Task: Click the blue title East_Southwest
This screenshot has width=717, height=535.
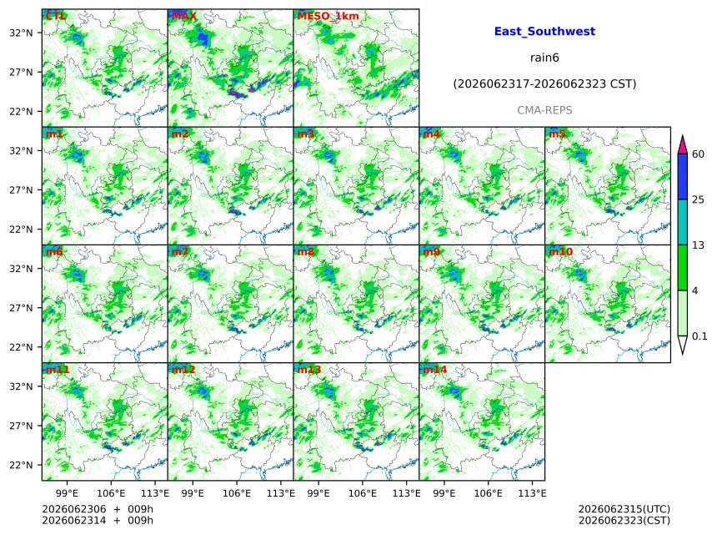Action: click(x=544, y=32)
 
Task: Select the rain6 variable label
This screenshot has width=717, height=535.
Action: click(x=544, y=58)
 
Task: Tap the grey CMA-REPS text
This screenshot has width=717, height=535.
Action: click(x=544, y=110)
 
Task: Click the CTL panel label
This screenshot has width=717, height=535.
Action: click(x=55, y=16)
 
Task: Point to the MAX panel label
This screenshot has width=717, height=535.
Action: click(x=183, y=16)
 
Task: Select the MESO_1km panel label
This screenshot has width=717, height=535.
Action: click(x=328, y=16)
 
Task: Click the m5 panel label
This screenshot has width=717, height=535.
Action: click(x=557, y=134)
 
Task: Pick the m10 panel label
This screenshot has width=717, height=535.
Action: click(x=560, y=252)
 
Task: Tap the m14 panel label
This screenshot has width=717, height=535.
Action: click(x=435, y=370)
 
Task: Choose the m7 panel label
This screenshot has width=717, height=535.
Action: click(x=180, y=252)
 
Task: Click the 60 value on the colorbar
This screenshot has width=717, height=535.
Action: click(x=698, y=154)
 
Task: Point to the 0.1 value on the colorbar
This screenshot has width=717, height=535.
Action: click(x=699, y=336)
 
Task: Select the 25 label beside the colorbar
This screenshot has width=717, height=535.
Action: click(x=698, y=199)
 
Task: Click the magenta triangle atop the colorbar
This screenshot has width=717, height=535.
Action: click(x=683, y=144)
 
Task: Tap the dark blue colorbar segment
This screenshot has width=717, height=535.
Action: click(x=683, y=177)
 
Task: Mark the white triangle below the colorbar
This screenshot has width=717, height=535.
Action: click(x=683, y=344)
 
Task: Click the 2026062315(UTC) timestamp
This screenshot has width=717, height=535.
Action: click(x=624, y=509)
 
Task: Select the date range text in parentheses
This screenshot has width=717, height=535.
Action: click(x=544, y=84)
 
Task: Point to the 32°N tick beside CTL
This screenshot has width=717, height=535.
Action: click(x=21, y=33)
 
